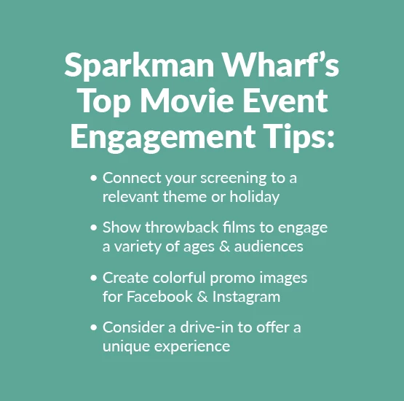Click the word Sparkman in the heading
click(x=139, y=66)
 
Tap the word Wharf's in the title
click(x=280, y=64)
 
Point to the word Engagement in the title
click(x=163, y=137)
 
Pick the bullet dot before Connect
click(x=94, y=178)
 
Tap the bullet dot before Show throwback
click(x=94, y=227)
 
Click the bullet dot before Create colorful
click(x=94, y=278)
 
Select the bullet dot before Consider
click(x=94, y=327)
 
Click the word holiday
click(x=254, y=198)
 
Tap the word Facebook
click(x=159, y=297)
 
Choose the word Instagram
click(x=246, y=297)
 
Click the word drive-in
click(x=207, y=327)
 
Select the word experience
click(x=192, y=347)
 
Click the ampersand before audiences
click(x=224, y=246)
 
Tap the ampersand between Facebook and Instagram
click(x=202, y=297)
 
